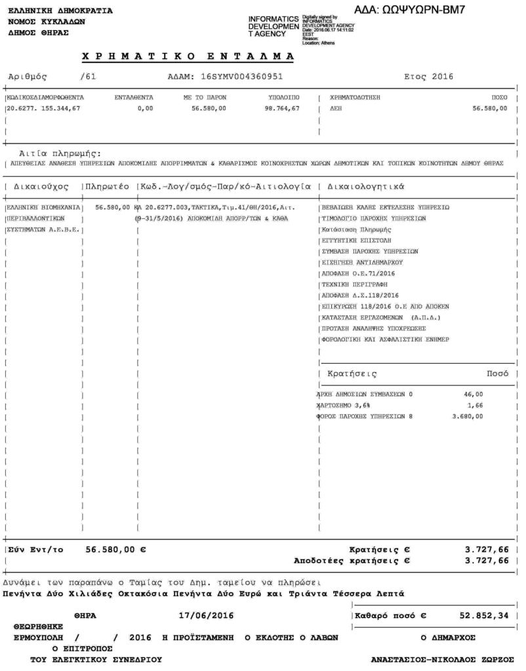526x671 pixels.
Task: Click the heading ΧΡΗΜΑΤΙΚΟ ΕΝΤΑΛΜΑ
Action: coord(188,56)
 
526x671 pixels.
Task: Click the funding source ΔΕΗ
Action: coord(336,108)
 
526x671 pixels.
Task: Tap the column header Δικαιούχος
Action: coord(41,186)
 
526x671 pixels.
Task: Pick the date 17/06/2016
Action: coord(206,616)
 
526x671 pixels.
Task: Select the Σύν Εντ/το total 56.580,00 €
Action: coord(115,550)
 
